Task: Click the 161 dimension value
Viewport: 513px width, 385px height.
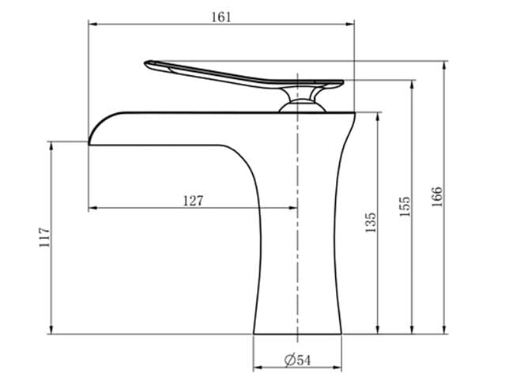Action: click(x=221, y=17)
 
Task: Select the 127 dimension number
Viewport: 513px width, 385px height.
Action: click(x=193, y=201)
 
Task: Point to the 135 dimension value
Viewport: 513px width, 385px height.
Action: click(x=371, y=222)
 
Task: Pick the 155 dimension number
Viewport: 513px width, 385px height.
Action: click(x=405, y=206)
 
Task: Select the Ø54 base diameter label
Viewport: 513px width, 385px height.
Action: click(x=298, y=360)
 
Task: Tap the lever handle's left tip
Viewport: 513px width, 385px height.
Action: click(x=148, y=63)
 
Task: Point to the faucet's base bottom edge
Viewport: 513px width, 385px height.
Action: click(x=299, y=333)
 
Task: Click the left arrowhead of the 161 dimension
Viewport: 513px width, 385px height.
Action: click(x=89, y=25)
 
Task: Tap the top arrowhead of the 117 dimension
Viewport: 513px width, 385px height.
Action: click(x=51, y=145)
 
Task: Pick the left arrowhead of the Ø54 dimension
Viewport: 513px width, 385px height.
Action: click(x=257, y=368)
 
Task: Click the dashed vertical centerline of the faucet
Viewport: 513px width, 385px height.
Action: click(x=298, y=237)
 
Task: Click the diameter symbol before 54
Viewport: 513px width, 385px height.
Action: click(x=290, y=360)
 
